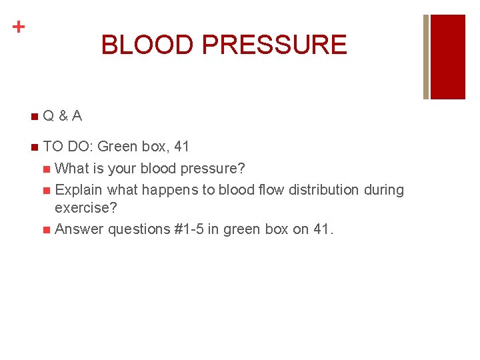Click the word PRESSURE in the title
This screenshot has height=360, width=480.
pyautogui.click(x=274, y=45)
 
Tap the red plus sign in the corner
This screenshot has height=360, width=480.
pyautogui.click(x=19, y=27)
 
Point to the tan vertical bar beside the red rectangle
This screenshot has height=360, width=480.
pyautogui.click(x=426, y=57)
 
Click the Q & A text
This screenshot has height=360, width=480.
pyautogui.click(x=63, y=116)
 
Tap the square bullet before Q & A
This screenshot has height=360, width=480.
pyautogui.click(x=34, y=117)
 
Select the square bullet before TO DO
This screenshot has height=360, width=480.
pyautogui.click(x=34, y=147)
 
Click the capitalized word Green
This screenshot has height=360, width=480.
pyautogui.click(x=117, y=146)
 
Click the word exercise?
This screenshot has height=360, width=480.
pyautogui.click(x=86, y=208)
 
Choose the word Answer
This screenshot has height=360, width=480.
pyautogui.click(x=79, y=229)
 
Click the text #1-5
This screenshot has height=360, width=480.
pyautogui.click(x=188, y=229)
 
